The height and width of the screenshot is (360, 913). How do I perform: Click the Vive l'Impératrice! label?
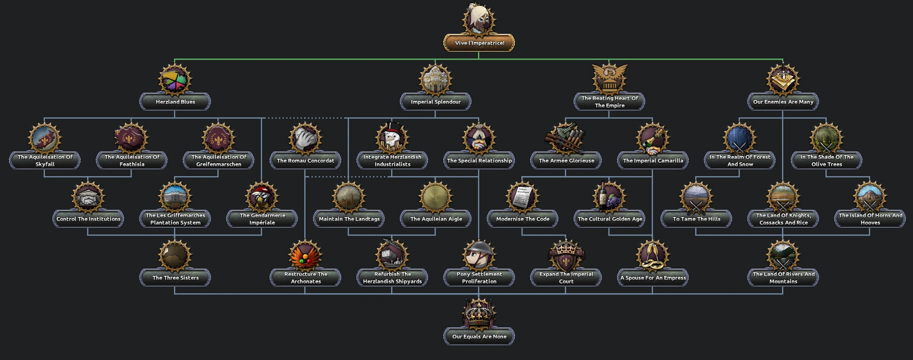tap(479, 43)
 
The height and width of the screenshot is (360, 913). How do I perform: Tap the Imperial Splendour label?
tap(435, 102)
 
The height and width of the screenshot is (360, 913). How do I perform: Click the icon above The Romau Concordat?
tap(305, 138)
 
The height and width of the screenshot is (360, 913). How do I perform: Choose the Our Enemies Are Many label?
tap(783, 102)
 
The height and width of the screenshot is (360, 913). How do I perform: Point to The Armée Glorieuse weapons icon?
tap(566, 138)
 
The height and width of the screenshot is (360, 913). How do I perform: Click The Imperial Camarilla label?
tap(652, 161)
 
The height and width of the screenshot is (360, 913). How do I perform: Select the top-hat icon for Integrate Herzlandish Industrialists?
tap(392, 138)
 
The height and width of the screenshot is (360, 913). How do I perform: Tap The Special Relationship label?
tap(479, 161)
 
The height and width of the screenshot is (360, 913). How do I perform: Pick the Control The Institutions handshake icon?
tap(88, 197)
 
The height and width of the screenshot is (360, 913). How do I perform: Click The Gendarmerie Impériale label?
tap(262, 219)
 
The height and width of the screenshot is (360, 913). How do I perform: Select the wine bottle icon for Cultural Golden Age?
tap(609, 197)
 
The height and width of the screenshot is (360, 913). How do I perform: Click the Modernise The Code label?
tap(522, 219)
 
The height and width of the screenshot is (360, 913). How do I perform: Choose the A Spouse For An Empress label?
tap(652, 278)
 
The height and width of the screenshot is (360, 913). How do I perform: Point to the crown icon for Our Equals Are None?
tap(479, 314)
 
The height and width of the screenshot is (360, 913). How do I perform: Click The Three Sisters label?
tap(175, 278)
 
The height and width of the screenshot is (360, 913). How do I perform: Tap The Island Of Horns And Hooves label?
tap(870, 219)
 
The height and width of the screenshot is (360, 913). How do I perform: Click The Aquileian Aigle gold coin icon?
tap(436, 197)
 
